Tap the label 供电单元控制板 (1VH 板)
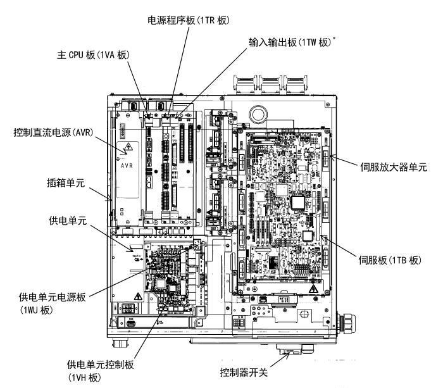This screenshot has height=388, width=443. coord(96,371)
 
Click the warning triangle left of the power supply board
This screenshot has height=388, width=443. coord(137,296)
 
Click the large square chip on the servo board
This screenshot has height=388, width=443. coord(297,202)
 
